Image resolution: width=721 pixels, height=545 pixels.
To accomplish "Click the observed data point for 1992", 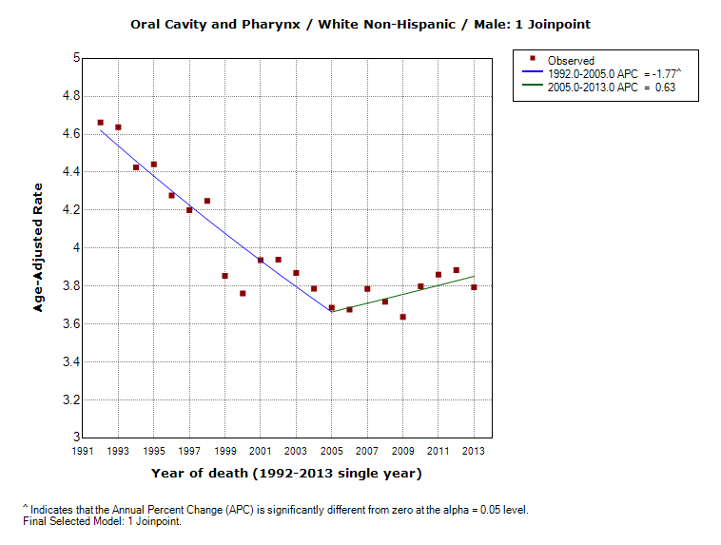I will [x=101, y=123].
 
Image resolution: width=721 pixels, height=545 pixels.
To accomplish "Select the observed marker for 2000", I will [x=243, y=293].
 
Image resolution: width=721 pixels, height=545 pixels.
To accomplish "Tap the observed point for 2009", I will [x=403, y=317].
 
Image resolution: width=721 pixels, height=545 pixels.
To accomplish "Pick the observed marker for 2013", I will [x=474, y=287].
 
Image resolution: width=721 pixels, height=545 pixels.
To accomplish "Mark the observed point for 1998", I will [x=207, y=201].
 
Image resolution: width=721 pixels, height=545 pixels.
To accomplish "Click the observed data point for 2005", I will [x=332, y=307].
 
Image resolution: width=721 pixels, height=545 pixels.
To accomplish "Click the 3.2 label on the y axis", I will [x=68, y=400].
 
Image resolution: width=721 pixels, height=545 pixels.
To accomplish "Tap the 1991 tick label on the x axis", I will [x=83, y=451].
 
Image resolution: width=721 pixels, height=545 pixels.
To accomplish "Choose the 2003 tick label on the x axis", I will [x=296, y=451].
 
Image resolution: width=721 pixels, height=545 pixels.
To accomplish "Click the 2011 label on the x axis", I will [x=438, y=451].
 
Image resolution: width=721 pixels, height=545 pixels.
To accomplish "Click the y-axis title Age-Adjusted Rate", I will [x=40, y=247].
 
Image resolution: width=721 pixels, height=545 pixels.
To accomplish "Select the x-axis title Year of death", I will [x=285, y=473].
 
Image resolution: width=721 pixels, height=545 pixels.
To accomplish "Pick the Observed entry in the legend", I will [x=570, y=61].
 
